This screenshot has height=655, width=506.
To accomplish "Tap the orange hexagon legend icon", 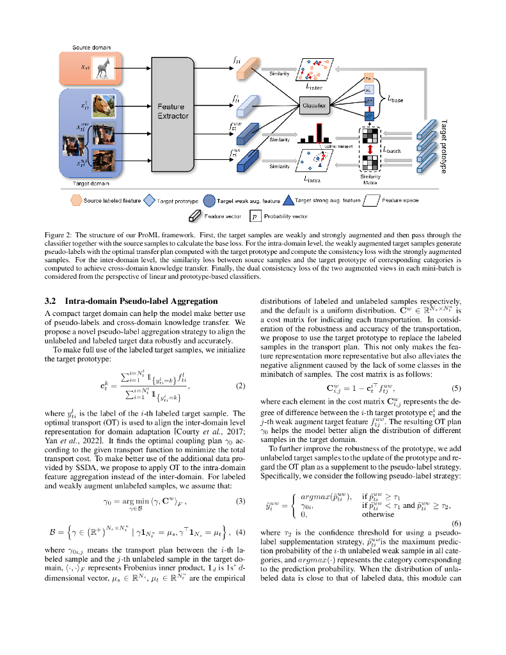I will pyautogui.click(x=75, y=200).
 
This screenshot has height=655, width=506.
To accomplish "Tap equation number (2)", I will pyautogui.click(x=241, y=386).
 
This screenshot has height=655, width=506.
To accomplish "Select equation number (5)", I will pyautogui.click(x=456, y=388).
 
